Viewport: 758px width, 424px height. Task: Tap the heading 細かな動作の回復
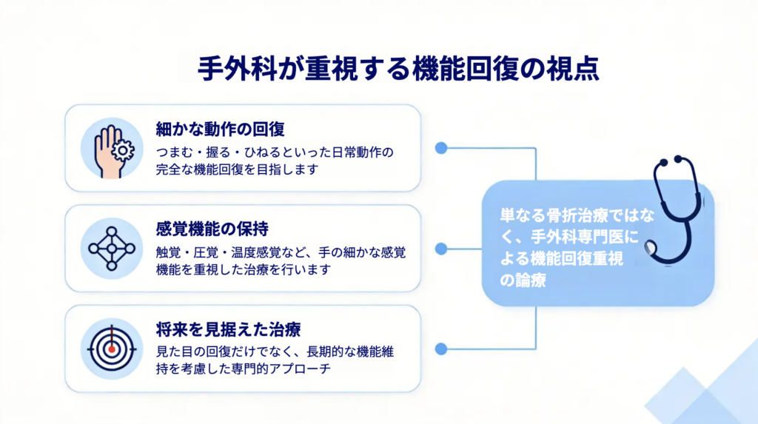coord(221,128)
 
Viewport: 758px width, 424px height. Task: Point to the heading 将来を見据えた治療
coord(228,328)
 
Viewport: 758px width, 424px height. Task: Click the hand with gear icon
coord(112,148)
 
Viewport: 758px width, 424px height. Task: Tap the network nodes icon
coord(112,248)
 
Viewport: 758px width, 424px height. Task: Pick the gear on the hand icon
coord(123,151)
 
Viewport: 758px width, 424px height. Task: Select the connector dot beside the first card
coord(442,148)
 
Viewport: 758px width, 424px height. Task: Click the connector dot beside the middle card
coord(442,249)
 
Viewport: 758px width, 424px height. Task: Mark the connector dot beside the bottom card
coord(442,348)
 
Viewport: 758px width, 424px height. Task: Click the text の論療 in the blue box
coord(524,280)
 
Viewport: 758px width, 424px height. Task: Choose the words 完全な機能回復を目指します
coord(237,169)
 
